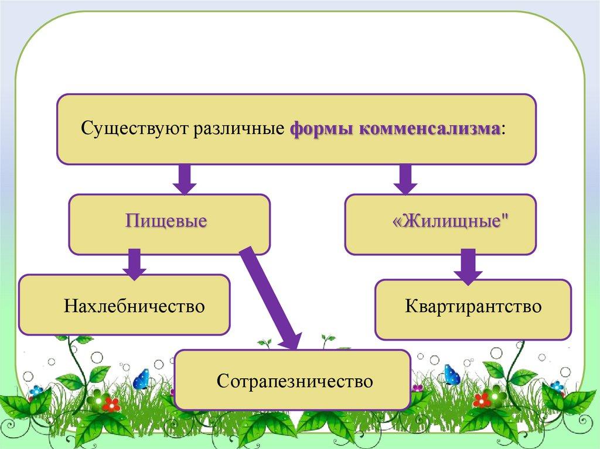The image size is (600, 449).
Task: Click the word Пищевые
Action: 166,222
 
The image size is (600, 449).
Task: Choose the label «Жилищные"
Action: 449,222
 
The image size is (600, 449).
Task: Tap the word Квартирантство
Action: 473,306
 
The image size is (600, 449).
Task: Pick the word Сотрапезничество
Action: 295,381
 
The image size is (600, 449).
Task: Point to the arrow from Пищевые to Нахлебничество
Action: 134,263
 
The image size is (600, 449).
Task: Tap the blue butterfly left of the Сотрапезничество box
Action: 141,379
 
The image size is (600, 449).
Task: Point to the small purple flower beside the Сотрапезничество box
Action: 417,388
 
